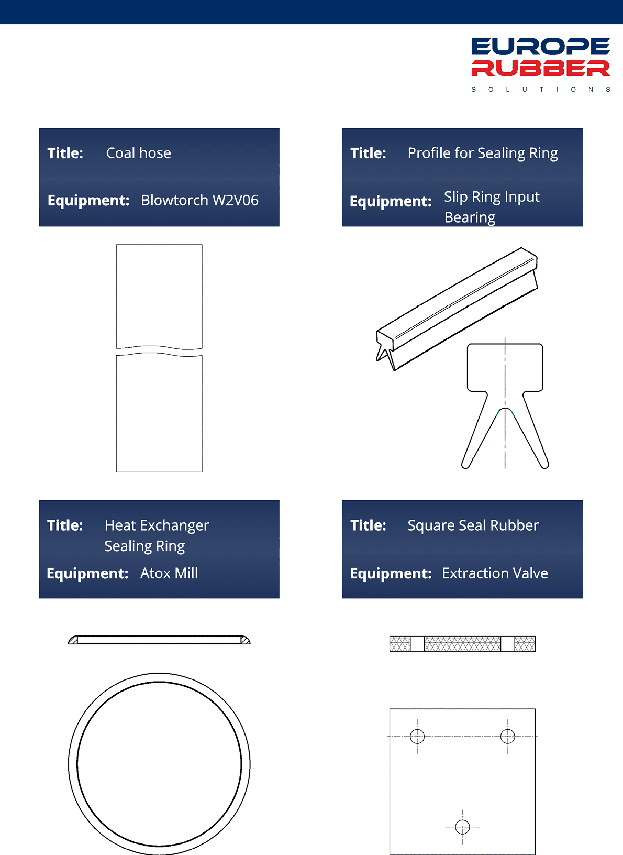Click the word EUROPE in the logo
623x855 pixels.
[540, 46]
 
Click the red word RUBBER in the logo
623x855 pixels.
[540, 68]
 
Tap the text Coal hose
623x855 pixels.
[139, 153]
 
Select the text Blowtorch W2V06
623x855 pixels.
[200, 200]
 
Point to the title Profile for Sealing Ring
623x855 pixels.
[483, 154]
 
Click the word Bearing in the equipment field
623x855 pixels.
[470, 217]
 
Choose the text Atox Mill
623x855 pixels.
[170, 573]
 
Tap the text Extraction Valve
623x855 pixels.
[495, 573]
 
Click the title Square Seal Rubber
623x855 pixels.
[473, 525]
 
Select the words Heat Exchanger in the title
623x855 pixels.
[157, 525]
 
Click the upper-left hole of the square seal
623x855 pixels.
[417, 736]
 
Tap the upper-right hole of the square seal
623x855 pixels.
[507, 736]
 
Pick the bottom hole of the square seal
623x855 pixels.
[462, 827]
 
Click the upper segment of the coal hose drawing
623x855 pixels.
[159, 297]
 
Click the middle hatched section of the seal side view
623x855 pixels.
[462, 643]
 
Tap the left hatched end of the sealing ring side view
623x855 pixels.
[73, 640]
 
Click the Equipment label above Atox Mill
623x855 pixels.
[87, 574]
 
